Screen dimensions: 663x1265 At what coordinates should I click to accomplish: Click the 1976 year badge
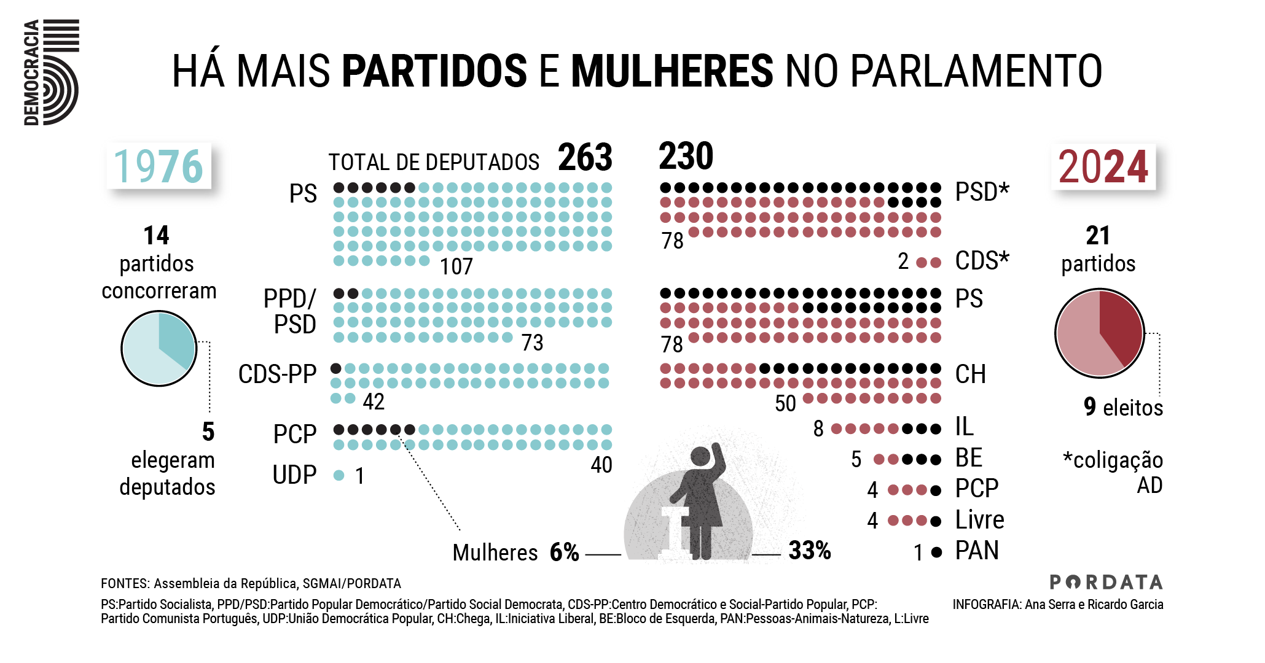159,166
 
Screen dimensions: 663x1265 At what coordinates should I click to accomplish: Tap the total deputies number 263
585,157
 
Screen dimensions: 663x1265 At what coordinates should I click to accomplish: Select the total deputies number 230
686,156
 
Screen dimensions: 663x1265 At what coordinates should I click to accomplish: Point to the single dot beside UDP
339,475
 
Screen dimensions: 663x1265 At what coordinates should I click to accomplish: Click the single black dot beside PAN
936,552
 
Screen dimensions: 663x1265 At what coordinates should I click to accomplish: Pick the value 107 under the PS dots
456,266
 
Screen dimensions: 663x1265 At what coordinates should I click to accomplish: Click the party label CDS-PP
277,374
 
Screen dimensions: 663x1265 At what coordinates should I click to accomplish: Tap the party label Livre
979,520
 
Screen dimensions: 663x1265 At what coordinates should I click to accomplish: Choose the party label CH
970,374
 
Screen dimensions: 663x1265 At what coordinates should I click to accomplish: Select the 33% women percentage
809,551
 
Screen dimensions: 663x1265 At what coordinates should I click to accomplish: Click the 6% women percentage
564,552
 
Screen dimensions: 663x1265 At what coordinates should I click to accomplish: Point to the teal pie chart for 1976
159,348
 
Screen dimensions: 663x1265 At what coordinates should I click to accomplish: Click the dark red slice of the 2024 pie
1122,325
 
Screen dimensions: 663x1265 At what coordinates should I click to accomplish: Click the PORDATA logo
1106,582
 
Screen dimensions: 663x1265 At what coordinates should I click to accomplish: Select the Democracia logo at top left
51,72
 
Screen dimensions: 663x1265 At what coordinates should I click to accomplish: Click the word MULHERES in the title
672,71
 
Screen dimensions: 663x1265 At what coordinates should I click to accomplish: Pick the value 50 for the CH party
785,403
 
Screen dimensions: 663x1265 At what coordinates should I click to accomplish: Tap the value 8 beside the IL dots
818,428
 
